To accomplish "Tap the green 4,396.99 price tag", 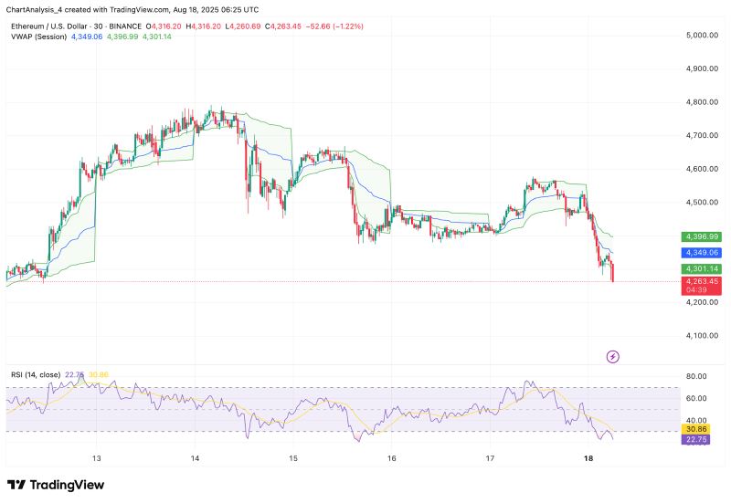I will tap(702, 236).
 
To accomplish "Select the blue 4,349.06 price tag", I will tap(702, 252).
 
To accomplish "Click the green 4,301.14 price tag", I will tap(702, 269).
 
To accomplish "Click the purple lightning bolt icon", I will tap(613, 356).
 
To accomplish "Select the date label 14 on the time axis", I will tap(195, 457).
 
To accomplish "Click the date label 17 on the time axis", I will tap(490, 457).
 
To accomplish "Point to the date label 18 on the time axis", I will tap(588, 457).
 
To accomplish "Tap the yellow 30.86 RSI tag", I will tap(698, 428).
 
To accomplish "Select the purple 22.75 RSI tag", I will tap(698, 440).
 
